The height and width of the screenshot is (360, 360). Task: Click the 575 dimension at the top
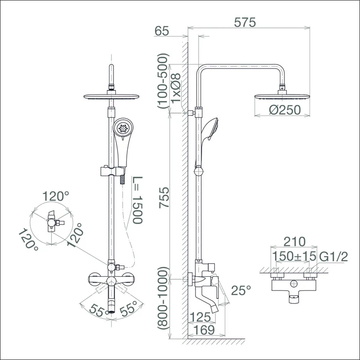click(x=245, y=22)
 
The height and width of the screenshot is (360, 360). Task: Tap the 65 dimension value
click(x=162, y=31)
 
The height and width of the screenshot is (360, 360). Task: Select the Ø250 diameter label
click(x=285, y=110)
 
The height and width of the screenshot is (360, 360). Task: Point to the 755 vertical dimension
click(x=164, y=198)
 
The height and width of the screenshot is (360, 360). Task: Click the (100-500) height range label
click(x=163, y=81)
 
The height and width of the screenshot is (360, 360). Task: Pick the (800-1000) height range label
click(x=163, y=298)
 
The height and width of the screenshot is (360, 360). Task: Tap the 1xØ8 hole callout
click(x=176, y=89)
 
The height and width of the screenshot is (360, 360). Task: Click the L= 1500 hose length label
click(x=138, y=200)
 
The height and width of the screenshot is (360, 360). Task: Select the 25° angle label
click(x=241, y=290)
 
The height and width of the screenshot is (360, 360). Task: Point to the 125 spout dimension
click(x=200, y=317)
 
